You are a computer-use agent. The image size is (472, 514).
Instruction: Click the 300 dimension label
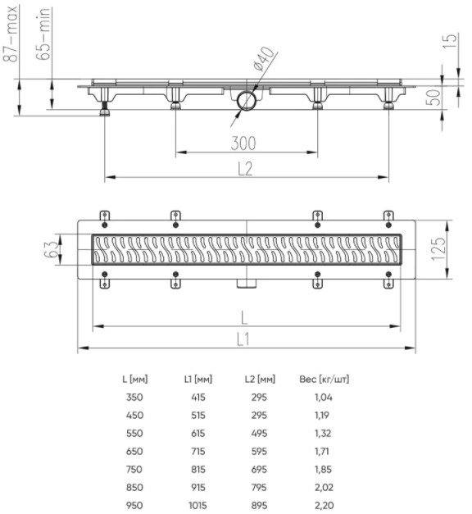pyautogui.click(x=243, y=143)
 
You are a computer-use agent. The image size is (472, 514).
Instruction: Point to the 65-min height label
pyautogui.click(x=43, y=34)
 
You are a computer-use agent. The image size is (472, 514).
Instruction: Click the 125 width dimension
pyautogui.click(x=438, y=248)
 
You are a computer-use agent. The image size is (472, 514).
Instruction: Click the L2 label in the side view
pyautogui.click(x=245, y=169)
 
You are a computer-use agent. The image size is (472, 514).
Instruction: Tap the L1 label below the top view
pyautogui.click(x=243, y=339)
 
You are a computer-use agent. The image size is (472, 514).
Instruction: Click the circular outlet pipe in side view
pyautogui.click(x=247, y=102)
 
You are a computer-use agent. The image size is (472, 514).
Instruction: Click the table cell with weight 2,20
pyautogui.click(x=324, y=506)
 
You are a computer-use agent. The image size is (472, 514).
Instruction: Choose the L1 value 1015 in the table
pyautogui.click(x=197, y=506)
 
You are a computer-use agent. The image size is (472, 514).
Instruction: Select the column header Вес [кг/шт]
pyautogui.click(x=324, y=380)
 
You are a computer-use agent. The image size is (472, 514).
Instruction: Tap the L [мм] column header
pyautogui.click(x=135, y=380)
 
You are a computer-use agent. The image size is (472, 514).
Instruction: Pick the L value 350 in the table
pyautogui.click(x=134, y=398)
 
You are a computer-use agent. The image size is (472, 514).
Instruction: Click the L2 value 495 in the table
pyautogui.click(x=259, y=434)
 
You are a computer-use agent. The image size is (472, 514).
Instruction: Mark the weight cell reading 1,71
pyautogui.click(x=322, y=452)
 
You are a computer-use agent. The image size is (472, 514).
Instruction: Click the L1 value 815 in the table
pyautogui.click(x=198, y=470)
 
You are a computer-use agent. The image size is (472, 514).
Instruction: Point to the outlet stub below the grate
pyautogui.click(x=247, y=284)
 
